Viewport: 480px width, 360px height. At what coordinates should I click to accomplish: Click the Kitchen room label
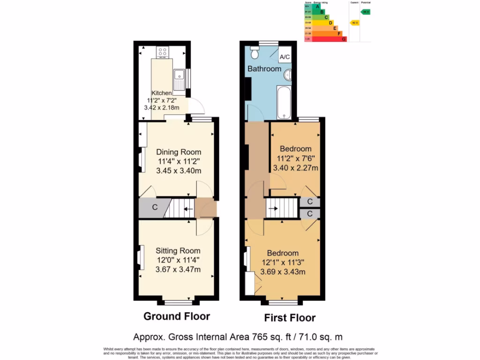(161, 93)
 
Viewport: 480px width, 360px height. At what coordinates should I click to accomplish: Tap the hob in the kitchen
(163, 52)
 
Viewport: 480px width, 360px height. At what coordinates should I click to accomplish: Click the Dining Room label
(179, 152)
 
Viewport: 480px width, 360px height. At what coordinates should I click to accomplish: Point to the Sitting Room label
(178, 251)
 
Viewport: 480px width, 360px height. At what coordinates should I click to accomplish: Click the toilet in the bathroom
(255, 52)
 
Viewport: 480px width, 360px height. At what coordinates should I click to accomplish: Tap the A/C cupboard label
(285, 57)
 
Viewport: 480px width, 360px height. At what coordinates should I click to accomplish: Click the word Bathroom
(264, 69)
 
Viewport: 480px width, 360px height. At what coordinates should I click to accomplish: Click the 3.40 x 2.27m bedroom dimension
(295, 168)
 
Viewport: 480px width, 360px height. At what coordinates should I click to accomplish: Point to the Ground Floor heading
(176, 316)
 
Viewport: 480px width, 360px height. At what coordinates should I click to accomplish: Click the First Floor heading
(290, 318)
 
